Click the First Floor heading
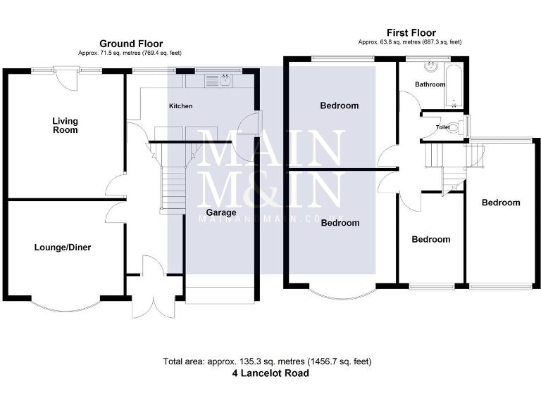coord(411,32)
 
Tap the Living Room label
coord(65,125)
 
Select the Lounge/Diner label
coord(63,247)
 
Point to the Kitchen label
coord(180,106)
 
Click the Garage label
coord(220,212)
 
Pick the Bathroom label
coord(430,84)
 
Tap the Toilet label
coord(442,127)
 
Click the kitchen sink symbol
coord(216,82)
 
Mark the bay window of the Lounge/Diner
coord(66,300)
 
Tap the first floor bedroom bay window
coord(342,292)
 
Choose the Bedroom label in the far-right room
coord(501,202)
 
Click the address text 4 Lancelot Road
coord(270,374)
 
